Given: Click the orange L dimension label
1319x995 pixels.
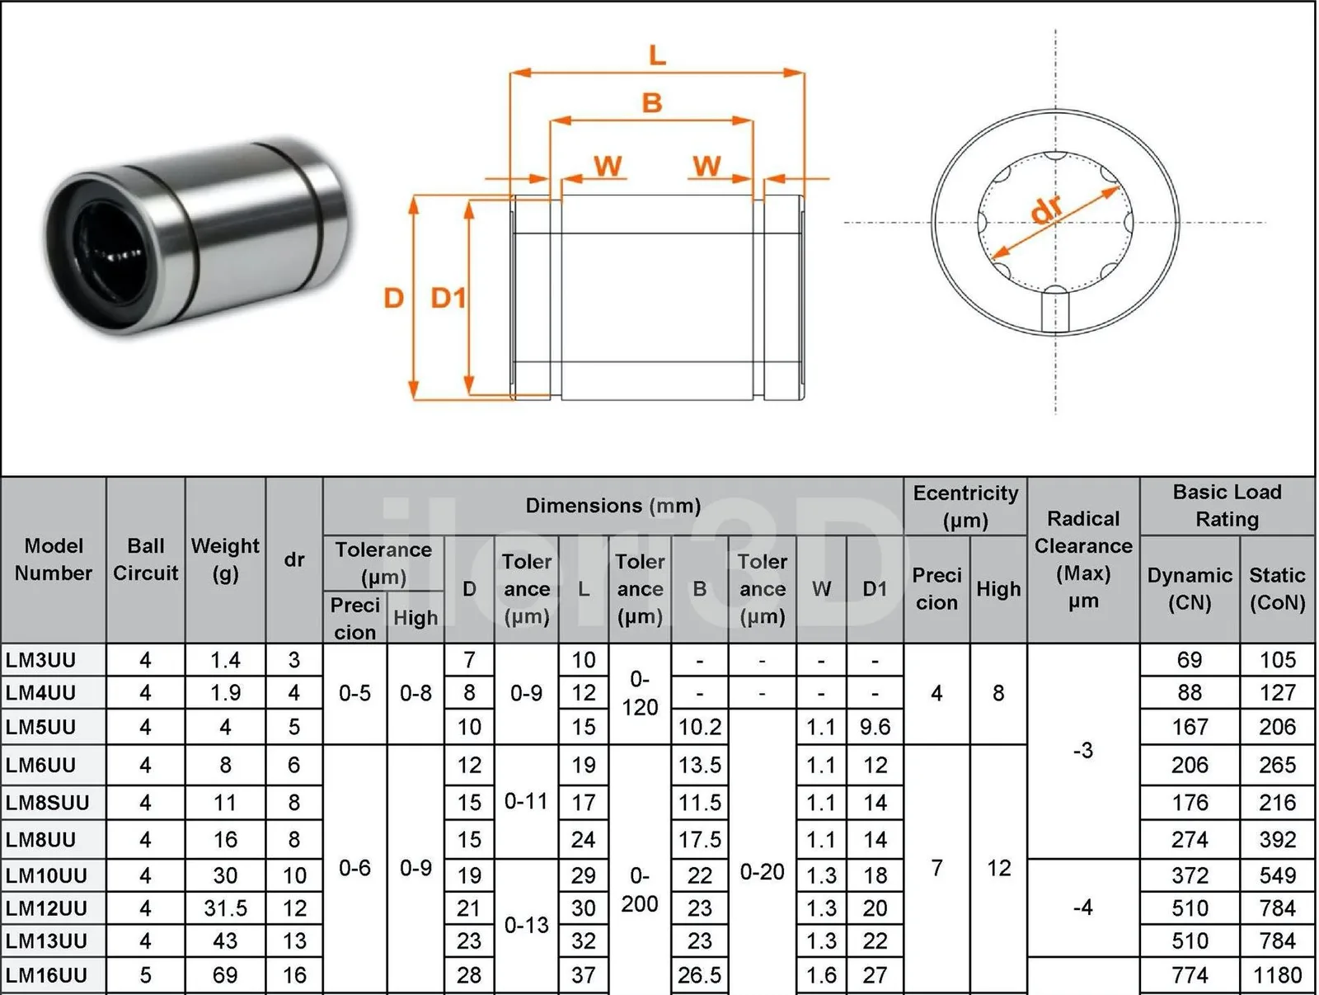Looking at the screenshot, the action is click(657, 55).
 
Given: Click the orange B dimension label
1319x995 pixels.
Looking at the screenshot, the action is click(652, 103).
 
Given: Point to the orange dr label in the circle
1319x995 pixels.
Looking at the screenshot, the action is click(1048, 210).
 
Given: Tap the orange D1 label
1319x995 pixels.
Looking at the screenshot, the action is click(448, 298).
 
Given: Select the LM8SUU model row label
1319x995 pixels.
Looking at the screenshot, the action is click(48, 803).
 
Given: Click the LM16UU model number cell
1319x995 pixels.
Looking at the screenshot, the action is click(46, 975).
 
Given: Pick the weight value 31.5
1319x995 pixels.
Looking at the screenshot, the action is click(225, 908).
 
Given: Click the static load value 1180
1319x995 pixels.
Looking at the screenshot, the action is click(1277, 975).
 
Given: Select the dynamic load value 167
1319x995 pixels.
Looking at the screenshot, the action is click(1190, 727).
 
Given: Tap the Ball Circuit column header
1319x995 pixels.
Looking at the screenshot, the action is click(145, 559).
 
